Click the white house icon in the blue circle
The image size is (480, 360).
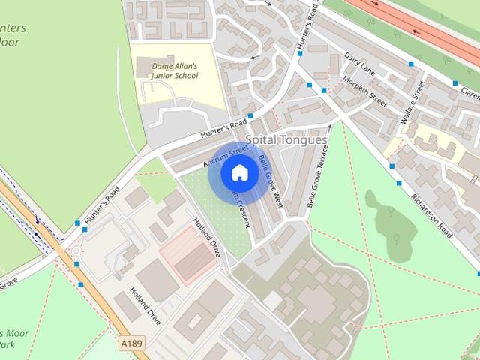click(239, 173)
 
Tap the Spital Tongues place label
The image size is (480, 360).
click(287, 140)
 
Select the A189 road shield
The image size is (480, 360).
click(130, 343)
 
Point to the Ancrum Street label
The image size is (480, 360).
click(225, 156)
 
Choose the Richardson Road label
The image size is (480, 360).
click(430, 216)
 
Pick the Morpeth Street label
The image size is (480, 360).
click(365, 91)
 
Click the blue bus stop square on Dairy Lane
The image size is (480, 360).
click(411, 64)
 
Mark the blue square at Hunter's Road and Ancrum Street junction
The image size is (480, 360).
click(250, 115)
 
